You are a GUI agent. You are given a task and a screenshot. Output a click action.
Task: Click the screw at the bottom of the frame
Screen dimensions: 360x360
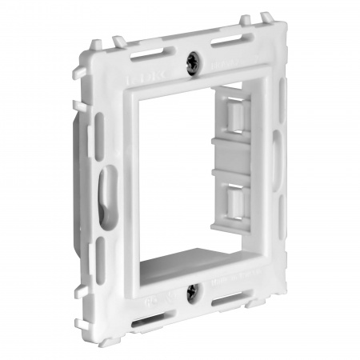[x=190, y=292]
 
